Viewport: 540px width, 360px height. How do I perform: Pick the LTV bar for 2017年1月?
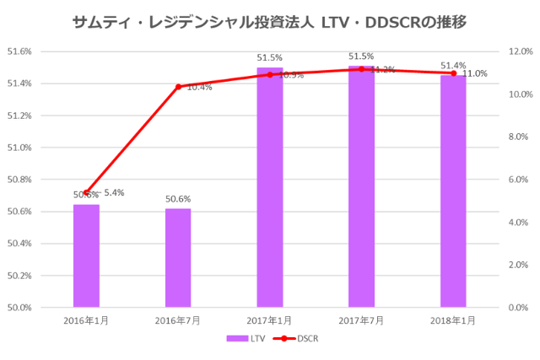[270, 187]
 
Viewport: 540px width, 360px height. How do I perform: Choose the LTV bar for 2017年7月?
[361, 186]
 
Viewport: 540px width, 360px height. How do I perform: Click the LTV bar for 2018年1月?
[453, 191]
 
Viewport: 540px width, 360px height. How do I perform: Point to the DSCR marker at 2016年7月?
[178, 86]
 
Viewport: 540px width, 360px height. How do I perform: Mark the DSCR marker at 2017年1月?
[270, 75]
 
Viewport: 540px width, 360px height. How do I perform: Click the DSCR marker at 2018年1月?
[453, 73]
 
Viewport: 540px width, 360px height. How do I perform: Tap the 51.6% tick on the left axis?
[20, 51]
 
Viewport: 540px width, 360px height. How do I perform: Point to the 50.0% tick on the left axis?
[20, 307]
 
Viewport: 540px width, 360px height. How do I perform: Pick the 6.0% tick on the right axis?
[516, 180]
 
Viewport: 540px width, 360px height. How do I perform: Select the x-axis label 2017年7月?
[361, 320]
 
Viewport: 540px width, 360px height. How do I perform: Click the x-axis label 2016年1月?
[86, 320]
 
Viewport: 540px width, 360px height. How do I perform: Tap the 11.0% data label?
[475, 73]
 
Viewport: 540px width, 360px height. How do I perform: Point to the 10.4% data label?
[199, 87]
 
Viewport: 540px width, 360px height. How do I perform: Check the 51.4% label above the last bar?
[453, 65]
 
